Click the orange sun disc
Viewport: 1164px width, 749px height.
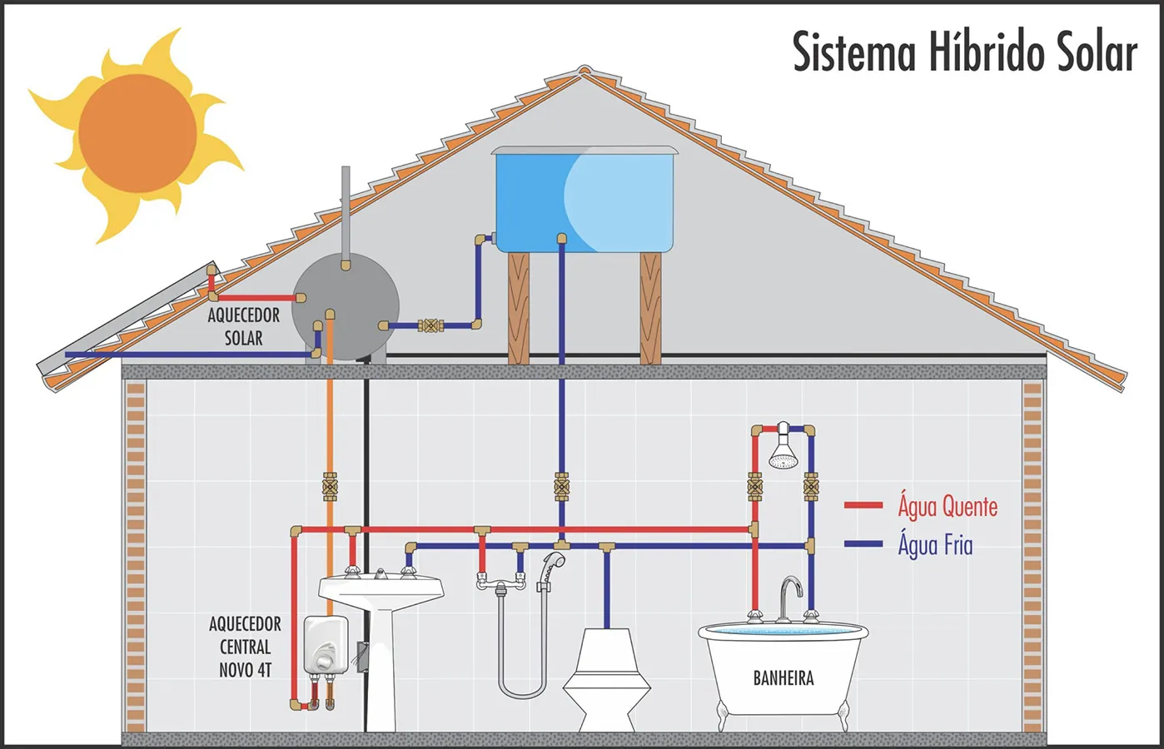(x=137, y=133)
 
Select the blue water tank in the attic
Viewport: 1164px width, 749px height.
(x=584, y=199)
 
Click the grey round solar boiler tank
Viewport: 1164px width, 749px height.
(x=345, y=306)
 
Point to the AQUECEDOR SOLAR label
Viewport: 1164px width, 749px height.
(x=244, y=327)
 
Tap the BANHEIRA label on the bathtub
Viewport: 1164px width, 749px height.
(x=783, y=677)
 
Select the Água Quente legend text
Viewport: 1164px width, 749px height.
(x=948, y=506)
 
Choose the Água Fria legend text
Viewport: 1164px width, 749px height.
(x=935, y=544)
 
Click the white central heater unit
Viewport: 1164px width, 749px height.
(x=326, y=645)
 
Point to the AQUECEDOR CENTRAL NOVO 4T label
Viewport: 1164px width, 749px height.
(x=245, y=647)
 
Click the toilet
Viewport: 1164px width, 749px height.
(x=606, y=680)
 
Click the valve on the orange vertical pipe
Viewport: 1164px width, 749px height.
(x=330, y=487)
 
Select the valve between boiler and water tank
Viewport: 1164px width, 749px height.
(x=430, y=325)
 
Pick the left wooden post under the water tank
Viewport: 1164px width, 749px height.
(x=518, y=308)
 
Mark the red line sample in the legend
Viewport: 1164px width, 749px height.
(x=863, y=505)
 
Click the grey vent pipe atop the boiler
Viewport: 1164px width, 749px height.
(x=346, y=214)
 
